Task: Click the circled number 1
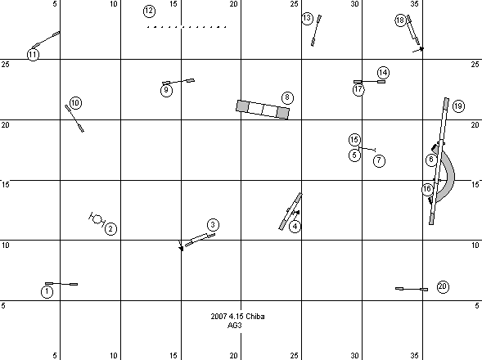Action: coord(47,291)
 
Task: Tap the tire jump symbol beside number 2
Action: coord(97,219)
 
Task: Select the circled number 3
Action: coord(213,225)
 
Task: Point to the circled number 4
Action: coord(295,227)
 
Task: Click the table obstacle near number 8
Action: coord(263,110)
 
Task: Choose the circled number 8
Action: coord(287,97)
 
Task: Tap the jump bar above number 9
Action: coord(178,82)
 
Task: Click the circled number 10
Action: coord(75,102)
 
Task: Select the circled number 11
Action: coord(33,55)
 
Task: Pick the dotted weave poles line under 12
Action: coord(187,27)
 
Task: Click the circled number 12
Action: coord(149,11)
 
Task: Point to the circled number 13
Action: coord(307,19)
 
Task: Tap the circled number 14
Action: coord(383,73)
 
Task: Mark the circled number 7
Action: coord(379,160)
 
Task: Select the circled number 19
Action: coord(458,106)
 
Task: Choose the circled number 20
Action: coord(443,286)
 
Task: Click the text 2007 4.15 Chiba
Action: coord(237,317)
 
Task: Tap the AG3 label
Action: coord(234,326)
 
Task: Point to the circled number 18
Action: coord(400,20)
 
